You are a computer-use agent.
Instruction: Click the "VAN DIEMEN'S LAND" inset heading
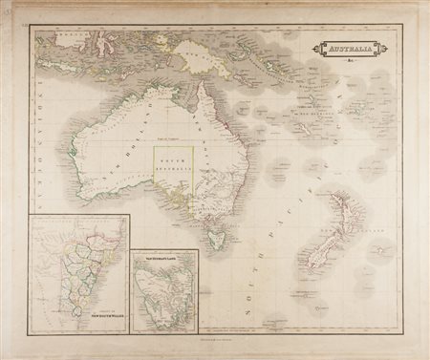(163, 258)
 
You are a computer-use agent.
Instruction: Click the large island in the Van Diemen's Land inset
(163, 296)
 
